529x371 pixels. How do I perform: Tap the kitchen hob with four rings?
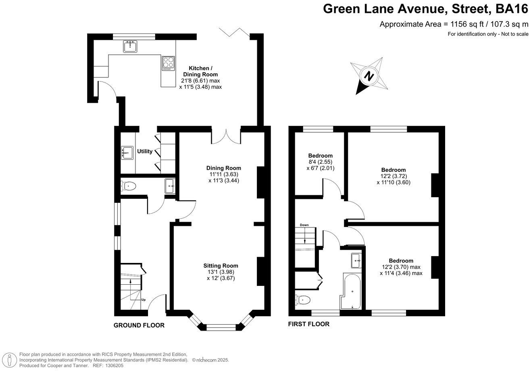click(168, 63)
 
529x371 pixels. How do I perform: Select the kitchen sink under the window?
click(130, 46)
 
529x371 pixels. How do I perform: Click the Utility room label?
click(145, 152)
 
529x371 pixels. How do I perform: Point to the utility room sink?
click(127, 153)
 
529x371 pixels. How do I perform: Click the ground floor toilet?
click(128, 186)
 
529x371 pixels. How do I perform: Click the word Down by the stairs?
click(304, 225)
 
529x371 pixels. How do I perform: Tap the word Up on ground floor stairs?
click(143, 300)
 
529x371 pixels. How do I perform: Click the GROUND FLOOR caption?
click(139, 325)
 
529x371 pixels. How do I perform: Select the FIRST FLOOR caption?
click(309, 324)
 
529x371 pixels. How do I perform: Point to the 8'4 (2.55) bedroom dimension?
click(321, 162)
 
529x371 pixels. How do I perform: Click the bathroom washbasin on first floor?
click(356, 261)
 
